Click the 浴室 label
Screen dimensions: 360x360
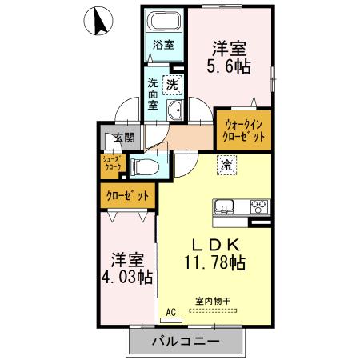tap(163, 46)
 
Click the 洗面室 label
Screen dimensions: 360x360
tap(153, 93)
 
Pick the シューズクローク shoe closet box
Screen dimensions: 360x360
tap(111, 165)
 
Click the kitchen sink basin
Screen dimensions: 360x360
tap(224, 206)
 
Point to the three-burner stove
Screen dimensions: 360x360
tap(259, 206)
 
